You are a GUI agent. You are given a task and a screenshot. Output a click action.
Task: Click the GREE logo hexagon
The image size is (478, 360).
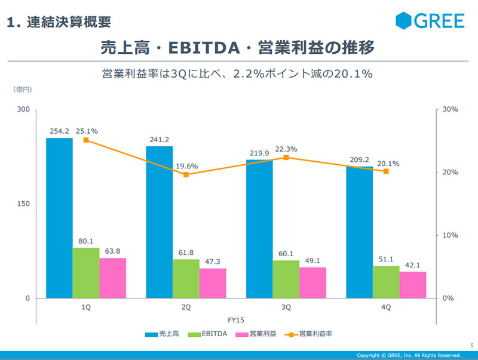[x=405, y=21]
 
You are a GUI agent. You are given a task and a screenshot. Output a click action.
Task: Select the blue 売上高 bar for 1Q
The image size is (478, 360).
[x=59, y=218]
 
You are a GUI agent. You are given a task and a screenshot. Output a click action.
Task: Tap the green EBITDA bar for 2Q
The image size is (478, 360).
[x=186, y=278]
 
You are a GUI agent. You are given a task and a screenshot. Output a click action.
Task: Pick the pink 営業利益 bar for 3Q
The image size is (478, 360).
[x=313, y=282]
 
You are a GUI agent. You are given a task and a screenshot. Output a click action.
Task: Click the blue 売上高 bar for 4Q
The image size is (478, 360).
[x=359, y=232]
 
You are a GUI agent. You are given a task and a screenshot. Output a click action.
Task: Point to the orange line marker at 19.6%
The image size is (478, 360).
[x=186, y=174]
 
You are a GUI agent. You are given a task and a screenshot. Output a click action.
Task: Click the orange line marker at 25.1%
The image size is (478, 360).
[x=86, y=140]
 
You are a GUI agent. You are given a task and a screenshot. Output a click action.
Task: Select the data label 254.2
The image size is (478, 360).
[x=59, y=131]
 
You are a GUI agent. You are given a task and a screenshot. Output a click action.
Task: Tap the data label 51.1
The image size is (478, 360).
[x=387, y=259]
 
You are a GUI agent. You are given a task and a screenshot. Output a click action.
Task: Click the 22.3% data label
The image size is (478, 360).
[x=286, y=149]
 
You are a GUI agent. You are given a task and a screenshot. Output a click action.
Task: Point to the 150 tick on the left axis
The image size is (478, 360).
[x=23, y=204]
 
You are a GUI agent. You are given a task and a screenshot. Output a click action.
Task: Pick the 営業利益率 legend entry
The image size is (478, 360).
[x=310, y=334]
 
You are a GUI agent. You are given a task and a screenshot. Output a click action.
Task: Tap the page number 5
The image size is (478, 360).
[x=471, y=344]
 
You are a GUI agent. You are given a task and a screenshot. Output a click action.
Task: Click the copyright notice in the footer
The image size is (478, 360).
[x=409, y=355]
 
